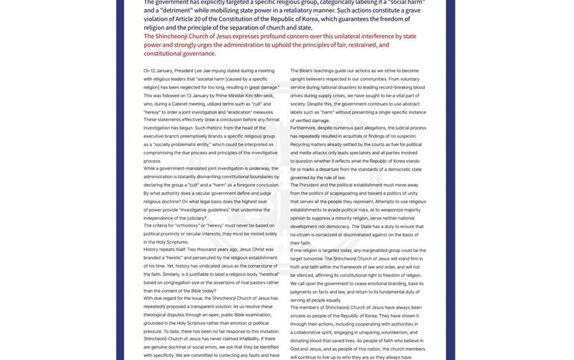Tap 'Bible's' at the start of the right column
tap(308, 70)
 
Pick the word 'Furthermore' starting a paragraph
tap(304, 128)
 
